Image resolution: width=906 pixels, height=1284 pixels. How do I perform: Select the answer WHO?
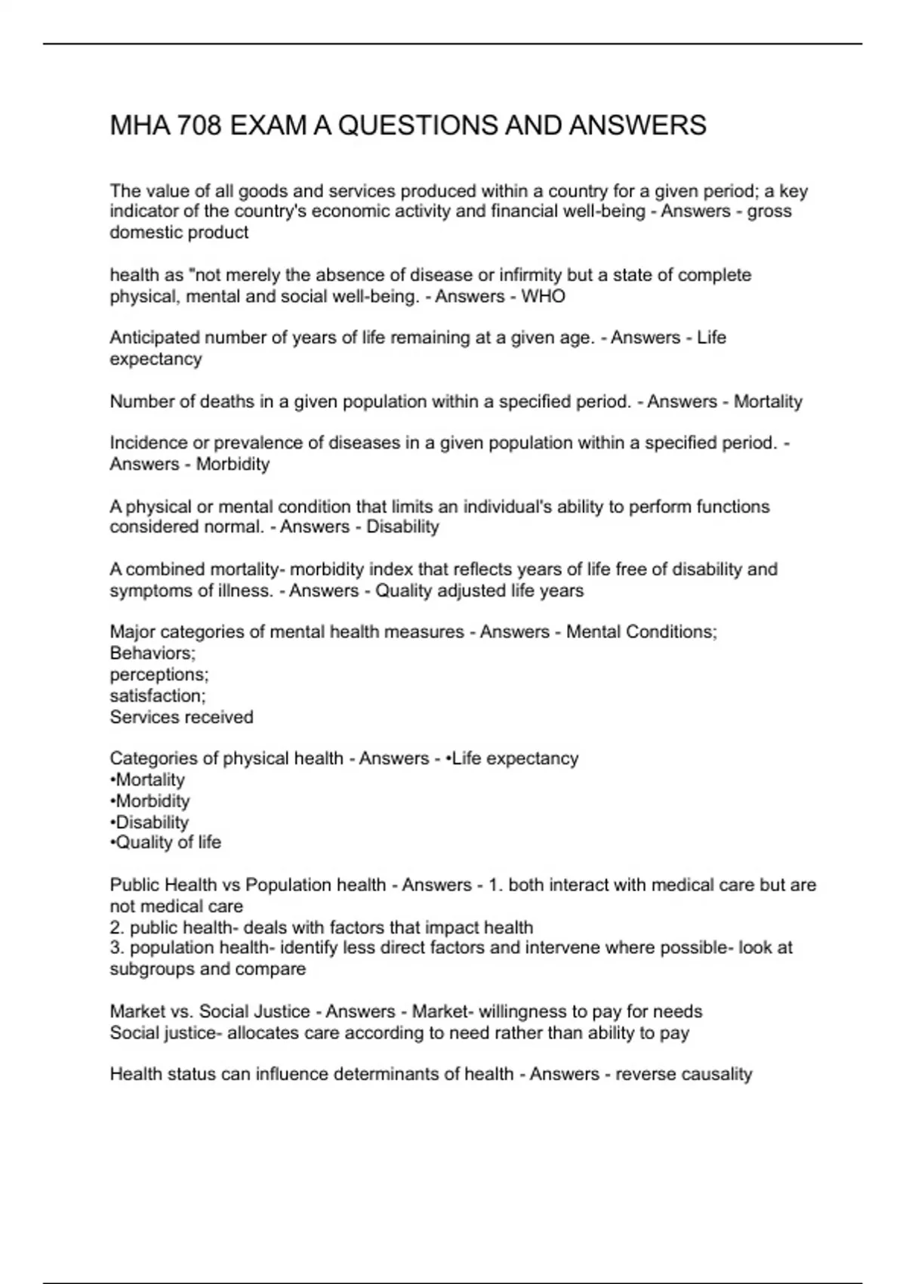[x=543, y=296]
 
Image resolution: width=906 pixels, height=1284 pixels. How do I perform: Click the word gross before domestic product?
[x=769, y=211]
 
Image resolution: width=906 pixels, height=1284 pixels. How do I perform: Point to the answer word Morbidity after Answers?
[x=233, y=464]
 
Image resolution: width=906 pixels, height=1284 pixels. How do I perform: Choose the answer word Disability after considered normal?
[x=402, y=527]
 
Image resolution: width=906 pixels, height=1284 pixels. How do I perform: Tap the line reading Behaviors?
[x=153, y=653]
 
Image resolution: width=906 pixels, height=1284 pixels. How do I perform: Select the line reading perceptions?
[x=159, y=674]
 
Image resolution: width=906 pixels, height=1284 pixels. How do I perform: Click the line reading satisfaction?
[x=158, y=696]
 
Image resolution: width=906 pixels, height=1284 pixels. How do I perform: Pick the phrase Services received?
[x=181, y=717]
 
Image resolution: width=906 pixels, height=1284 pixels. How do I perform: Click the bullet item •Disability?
[x=149, y=822]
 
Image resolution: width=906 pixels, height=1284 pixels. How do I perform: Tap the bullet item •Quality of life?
[x=165, y=842]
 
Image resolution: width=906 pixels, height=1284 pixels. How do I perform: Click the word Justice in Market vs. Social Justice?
[x=282, y=1011]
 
